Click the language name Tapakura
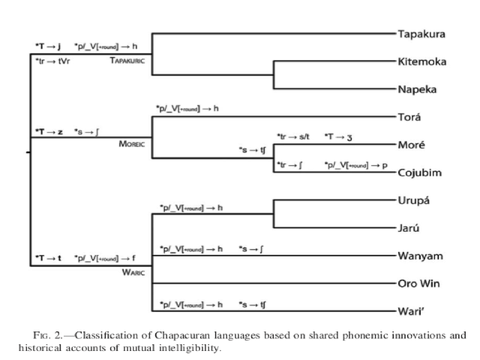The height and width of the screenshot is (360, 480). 422,34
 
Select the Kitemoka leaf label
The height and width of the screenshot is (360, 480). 423,61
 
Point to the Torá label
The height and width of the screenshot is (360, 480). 409,117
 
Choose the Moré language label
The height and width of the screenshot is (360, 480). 411,145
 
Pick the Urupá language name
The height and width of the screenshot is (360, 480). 413,200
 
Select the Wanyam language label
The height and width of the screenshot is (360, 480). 421,256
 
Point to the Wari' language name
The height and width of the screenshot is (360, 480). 413,310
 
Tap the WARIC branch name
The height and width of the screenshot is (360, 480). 133,271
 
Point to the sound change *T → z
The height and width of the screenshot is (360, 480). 48,131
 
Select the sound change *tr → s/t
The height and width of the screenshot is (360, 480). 293,136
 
